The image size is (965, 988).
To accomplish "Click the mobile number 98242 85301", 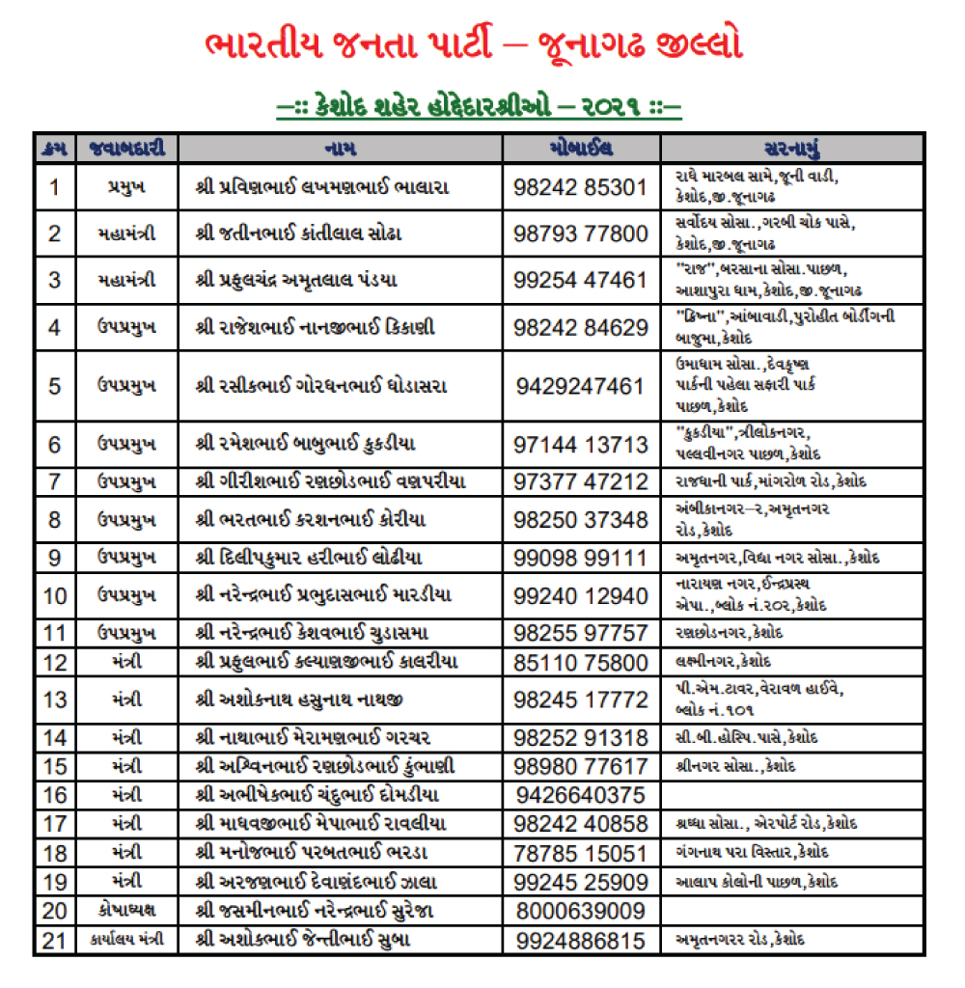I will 580,186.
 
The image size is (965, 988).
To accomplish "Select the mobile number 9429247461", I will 580,386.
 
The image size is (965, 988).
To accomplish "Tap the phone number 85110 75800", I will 580,662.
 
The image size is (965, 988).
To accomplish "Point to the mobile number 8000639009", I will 580,911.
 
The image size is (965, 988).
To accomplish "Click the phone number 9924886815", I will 580,940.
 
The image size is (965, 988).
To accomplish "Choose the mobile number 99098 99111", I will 580,558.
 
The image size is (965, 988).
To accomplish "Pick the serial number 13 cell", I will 55,699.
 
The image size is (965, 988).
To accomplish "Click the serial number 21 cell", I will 55,940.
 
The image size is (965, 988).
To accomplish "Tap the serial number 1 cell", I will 55,186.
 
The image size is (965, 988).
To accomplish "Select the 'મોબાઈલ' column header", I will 580,148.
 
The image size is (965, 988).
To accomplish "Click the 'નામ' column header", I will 340,148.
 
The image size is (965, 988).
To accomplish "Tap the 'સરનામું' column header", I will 791,148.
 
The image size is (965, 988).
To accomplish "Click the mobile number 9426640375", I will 580,795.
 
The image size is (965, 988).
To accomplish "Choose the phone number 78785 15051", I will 580,853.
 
